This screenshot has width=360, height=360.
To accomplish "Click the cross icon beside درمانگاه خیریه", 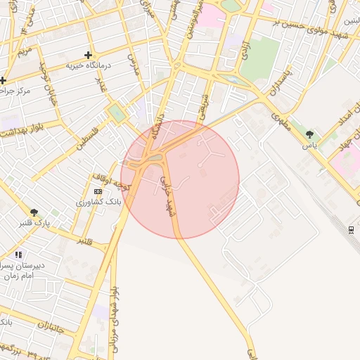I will coord(88,55).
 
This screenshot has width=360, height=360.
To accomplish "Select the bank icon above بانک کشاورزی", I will coord(97,191).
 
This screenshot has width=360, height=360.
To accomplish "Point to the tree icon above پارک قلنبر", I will coord(34,212).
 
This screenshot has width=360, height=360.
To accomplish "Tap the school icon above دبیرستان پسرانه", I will coord(18,255).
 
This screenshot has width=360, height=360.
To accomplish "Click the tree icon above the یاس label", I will coord(309,134).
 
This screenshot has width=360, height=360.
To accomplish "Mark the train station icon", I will coord(351,229).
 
